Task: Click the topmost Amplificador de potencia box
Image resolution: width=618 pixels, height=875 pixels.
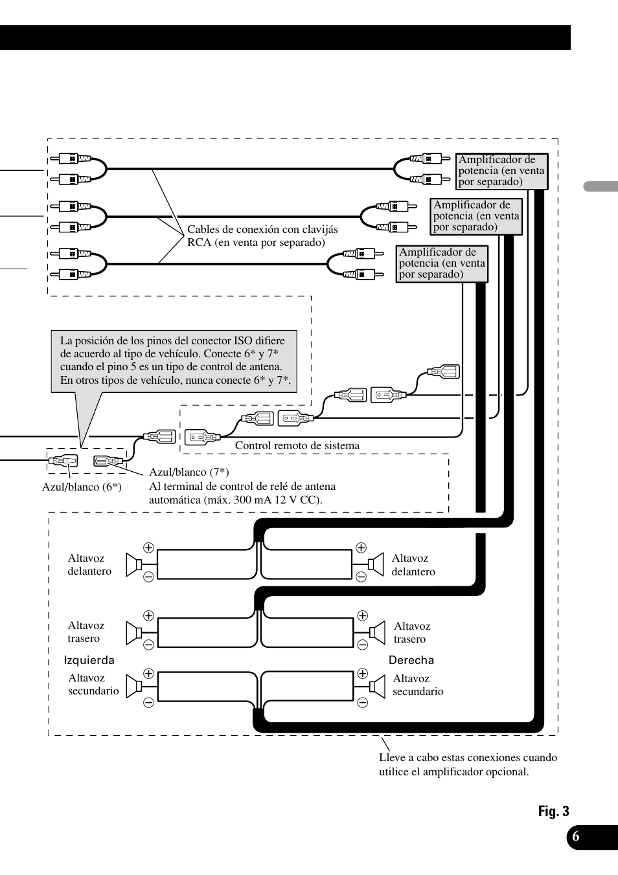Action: pos(501,171)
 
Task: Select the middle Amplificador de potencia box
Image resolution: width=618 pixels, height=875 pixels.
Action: pos(476,216)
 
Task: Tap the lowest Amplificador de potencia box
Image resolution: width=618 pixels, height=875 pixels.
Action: pos(442,263)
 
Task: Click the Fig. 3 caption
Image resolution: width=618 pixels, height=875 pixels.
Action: pos(553,812)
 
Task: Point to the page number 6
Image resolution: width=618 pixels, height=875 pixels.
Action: pos(575,836)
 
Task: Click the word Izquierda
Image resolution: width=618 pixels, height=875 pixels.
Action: pos(89,660)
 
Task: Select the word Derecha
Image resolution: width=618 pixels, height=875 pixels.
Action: pos(411,660)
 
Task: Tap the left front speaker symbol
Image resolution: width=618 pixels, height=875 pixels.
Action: pos(133,565)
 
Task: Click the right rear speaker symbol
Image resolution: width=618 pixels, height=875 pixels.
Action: pos(377,632)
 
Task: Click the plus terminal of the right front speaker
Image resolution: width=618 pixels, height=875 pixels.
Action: pos(361,548)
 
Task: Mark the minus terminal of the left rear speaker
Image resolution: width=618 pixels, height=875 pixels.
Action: pos(148,645)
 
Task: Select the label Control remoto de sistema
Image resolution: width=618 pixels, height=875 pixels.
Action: pos(297,446)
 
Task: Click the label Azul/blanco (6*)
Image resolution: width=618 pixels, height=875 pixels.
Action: pos(82,487)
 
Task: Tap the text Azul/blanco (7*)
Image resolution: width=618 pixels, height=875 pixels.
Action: pos(189,472)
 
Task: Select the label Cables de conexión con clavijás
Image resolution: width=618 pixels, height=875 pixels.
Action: pos(262,229)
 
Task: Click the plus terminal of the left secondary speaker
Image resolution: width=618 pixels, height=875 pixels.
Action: pos(148,674)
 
